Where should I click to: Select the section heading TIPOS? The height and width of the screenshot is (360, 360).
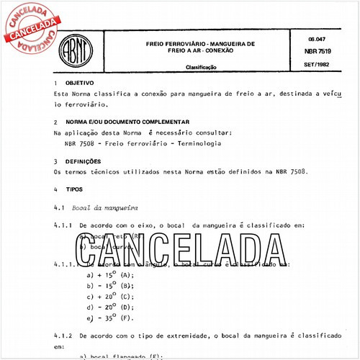tap(73, 189)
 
